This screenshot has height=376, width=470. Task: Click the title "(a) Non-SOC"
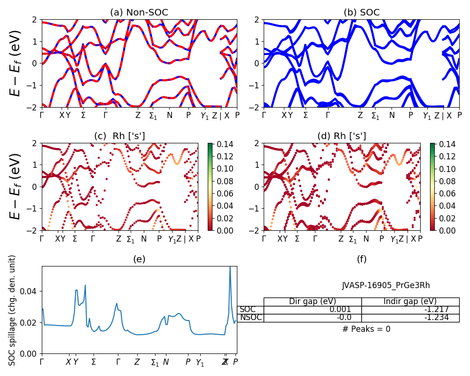(139, 12)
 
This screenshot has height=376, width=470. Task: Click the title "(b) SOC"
(361, 12)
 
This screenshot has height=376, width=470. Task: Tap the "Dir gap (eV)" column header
(312, 301)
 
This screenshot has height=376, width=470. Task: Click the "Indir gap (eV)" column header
(410, 301)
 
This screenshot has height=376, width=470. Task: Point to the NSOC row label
(251, 317)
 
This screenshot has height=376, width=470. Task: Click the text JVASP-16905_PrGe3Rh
(385, 285)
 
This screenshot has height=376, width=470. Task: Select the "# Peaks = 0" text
(366, 329)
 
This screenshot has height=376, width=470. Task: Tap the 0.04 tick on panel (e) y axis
(32, 291)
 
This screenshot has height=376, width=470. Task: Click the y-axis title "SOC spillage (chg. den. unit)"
(12, 310)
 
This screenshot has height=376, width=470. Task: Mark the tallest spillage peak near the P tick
(230, 267)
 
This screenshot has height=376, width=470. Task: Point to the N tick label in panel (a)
(170, 115)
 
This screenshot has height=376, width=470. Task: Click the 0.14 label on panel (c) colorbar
(221, 144)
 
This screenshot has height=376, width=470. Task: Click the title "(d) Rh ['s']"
(342, 136)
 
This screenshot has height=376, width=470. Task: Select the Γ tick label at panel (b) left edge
(264, 115)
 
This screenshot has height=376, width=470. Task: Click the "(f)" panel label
(361, 259)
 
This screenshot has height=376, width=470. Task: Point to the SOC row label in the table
(247, 309)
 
